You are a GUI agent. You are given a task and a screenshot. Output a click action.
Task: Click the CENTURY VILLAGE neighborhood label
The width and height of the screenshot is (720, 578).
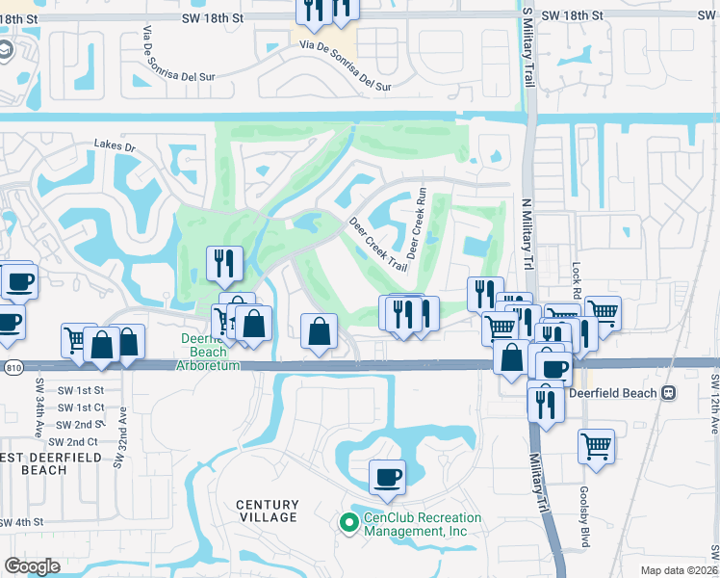[x=268, y=511]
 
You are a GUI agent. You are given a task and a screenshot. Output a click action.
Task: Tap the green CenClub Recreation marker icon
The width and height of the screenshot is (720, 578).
[x=349, y=522]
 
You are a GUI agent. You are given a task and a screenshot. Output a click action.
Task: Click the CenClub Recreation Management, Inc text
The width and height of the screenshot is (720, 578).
[x=415, y=524]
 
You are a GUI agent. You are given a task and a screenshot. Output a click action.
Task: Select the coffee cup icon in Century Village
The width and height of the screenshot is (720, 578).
[x=387, y=477]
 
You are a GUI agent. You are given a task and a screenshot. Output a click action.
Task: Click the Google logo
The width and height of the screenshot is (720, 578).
[x=32, y=565]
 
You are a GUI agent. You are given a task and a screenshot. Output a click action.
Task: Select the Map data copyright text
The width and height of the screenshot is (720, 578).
[x=680, y=570]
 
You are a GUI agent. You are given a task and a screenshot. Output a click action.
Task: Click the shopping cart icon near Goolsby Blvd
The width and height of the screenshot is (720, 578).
[x=596, y=447]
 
